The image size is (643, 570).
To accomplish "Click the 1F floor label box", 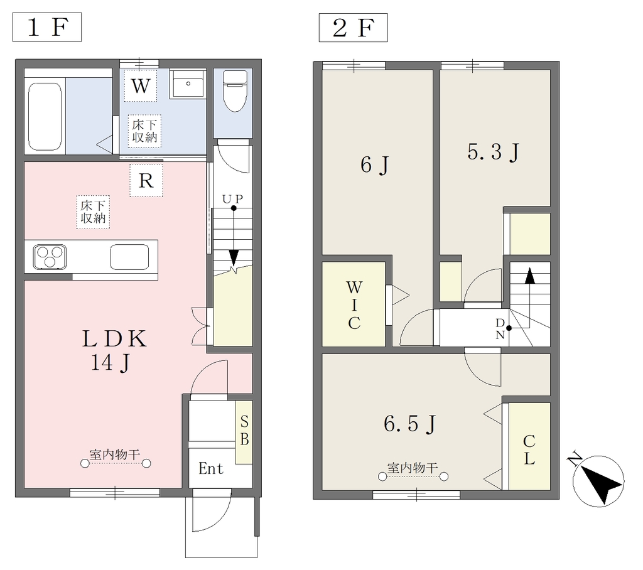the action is click(47, 27).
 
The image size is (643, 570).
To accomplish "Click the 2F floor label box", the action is click(353, 28).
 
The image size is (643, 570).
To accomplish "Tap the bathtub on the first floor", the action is click(45, 117).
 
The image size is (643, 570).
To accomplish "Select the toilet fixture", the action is click(235, 90).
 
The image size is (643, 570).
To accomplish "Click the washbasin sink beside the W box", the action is click(188, 83).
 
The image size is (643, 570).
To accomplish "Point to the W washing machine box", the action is click(140, 86).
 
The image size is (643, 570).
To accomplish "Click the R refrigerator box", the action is click(146, 180).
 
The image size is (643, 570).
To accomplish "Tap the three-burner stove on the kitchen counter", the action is click(50, 257).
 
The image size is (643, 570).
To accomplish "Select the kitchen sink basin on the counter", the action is click(129, 257).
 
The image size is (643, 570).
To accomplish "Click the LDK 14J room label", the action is click(114, 350).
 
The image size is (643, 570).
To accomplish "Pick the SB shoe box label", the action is click(244, 430).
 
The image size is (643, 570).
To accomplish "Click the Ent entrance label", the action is click(211, 468).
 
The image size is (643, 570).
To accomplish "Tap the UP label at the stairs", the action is click(233, 199).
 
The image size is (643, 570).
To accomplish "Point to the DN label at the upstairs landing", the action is click(500, 328).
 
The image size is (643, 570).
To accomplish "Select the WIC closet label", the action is click(354, 305).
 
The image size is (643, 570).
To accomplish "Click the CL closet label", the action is click(529, 450).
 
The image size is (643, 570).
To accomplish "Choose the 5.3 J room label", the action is click(494, 153).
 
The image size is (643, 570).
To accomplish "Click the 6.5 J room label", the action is click(410, 424).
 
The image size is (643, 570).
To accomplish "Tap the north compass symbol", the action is click(598, 481).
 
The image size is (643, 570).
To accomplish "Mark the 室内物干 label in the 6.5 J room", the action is click(413, 468).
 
